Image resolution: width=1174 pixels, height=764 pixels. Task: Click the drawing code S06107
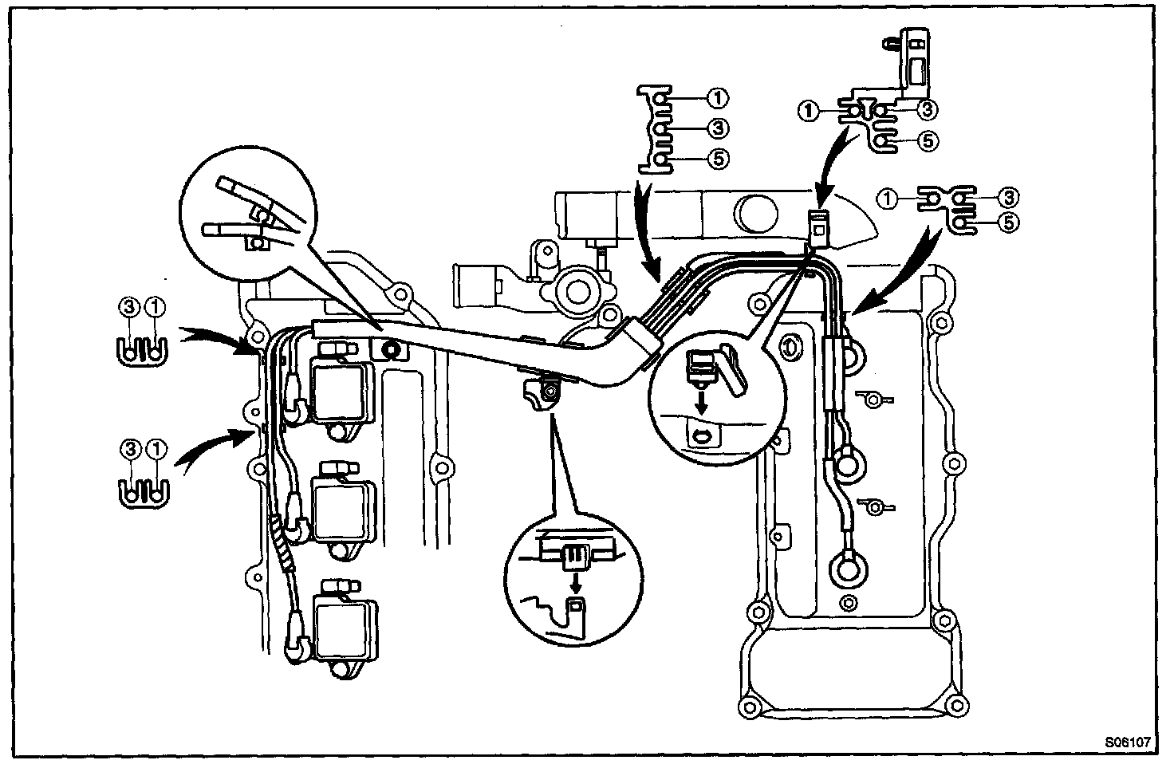[x=1128, y=741]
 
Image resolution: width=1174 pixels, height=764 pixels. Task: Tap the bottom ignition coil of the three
[x=344, y=628]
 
